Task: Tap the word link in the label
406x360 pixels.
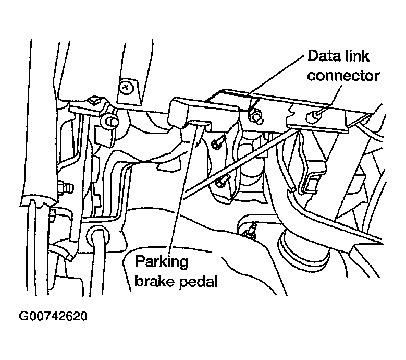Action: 355,55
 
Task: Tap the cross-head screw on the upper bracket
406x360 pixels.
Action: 126,86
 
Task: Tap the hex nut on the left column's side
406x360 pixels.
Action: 65,185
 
